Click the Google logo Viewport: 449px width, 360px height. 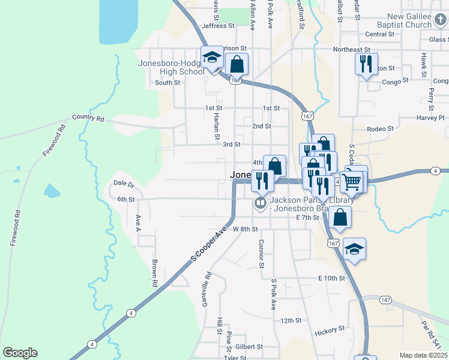pyautogui.click(x=20, y=353)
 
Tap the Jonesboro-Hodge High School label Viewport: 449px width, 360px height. pyautogui.click(x=172, y=67)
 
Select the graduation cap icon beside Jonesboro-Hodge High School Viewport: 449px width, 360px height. pyautogui.click(x=211, y=58)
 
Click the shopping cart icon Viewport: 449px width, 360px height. pyautogui.click(x=352, y=180)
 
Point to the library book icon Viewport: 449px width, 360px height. pyautogui.click(x=261, y=203)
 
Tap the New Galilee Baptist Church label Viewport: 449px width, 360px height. pyautogui.click(x=409, y=21)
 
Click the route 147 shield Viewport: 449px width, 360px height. pyautogui.click(x=385, y=299)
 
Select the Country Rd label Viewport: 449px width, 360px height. pyautogui.click(x=88, y=118)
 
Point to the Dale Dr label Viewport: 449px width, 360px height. pyautogui.click(x=124, y=182)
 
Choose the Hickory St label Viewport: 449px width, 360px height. pyautogui.click(x=330, y=329)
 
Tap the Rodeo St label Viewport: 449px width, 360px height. pyautogui.click(x=379, y=128)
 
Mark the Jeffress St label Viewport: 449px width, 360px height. pyautogui.click(x=218, y=26)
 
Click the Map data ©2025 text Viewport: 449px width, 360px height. pyautogui.click(x=423, y=355)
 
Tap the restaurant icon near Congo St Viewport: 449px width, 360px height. pyautogui.click(x=366, y=64)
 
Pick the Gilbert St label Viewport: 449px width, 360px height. pyautogui.click(x=249, y=347)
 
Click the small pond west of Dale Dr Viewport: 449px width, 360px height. pyautogui.click(x=52, y=191)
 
